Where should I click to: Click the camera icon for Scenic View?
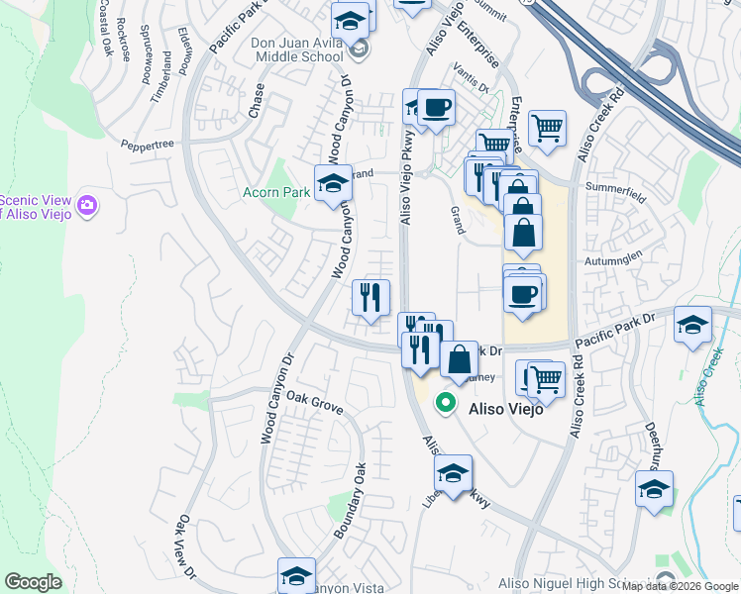point(88,205)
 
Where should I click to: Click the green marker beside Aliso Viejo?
point(446,404)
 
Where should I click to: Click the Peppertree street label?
point(148,145)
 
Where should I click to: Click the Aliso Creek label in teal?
point(708,378)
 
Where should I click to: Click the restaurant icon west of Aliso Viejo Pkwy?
point(371,296)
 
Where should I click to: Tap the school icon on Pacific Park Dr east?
point(692,324)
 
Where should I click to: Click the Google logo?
point(34,582)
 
